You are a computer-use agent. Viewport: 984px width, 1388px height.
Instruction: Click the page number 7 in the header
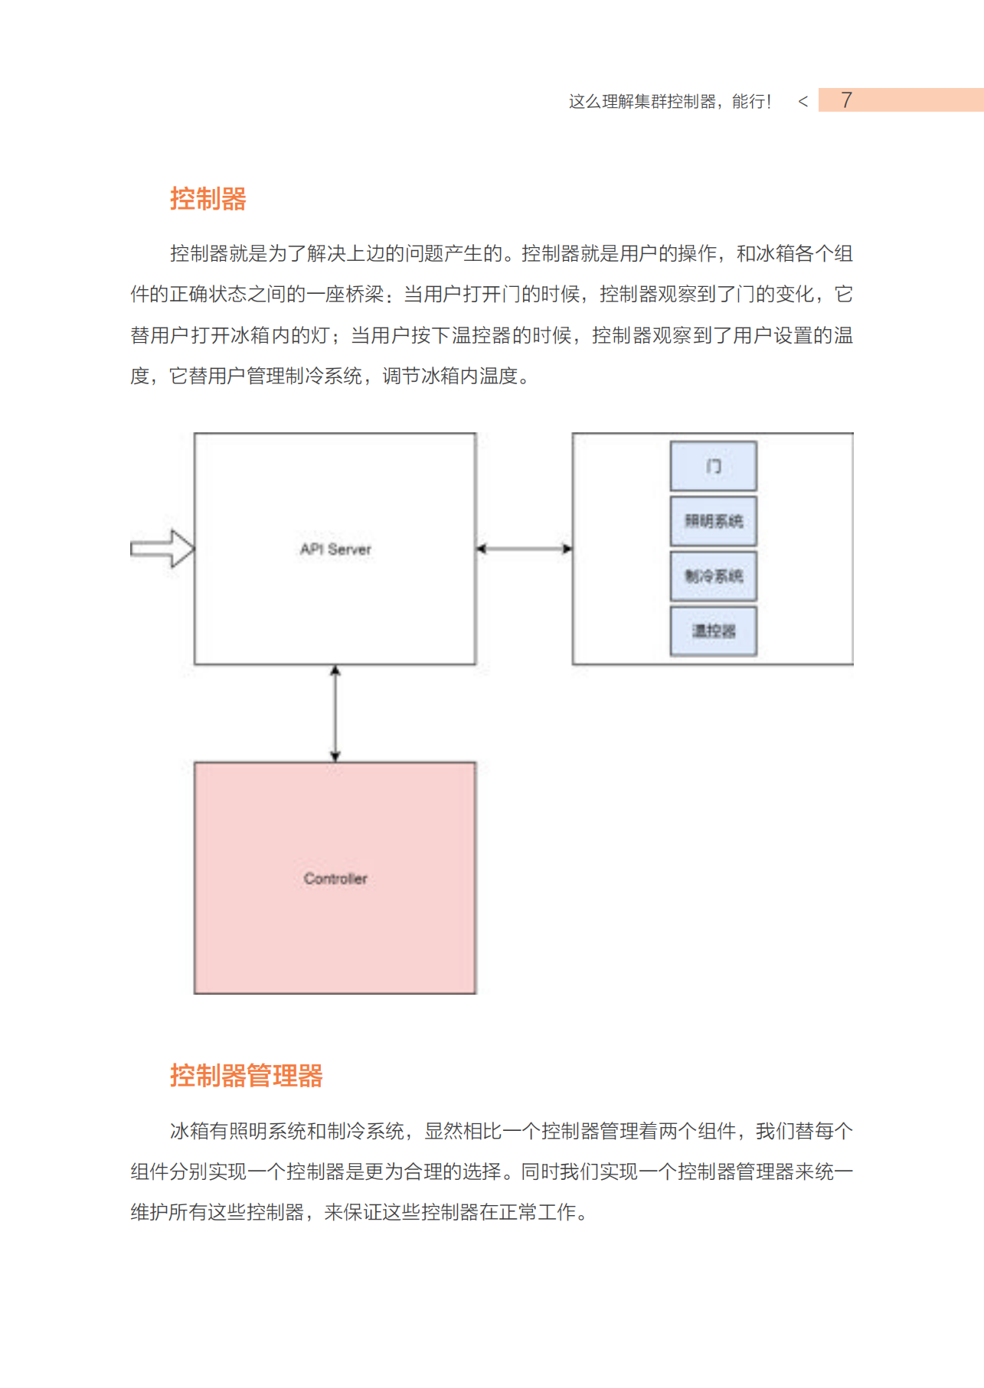tap(846, 100)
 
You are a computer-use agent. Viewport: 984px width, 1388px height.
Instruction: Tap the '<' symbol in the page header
tap(803, 101)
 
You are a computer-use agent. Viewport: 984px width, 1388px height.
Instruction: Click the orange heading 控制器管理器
tap(246, 1075)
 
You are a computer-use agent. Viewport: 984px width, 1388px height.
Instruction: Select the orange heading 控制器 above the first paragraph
tap(208, 199)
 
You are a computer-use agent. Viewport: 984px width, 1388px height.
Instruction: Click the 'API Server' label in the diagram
tap(335, 549)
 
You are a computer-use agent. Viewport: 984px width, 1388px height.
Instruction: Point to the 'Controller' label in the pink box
tap(335, 878)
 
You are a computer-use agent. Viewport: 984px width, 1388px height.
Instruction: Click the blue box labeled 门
tap(713, 466)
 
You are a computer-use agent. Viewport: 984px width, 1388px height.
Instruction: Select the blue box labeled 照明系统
tap(713, 521)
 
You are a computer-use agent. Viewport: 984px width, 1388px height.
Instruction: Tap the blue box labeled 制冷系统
tap(713, 576)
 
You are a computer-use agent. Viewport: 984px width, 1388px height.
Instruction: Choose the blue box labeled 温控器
tap(713, 631)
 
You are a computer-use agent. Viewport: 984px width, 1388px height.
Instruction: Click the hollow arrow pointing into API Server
tap(163, 549)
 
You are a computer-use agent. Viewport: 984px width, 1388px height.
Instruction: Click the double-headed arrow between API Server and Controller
tap(335, 713)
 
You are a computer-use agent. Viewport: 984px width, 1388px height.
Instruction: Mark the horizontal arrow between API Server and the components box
tap(524, 549)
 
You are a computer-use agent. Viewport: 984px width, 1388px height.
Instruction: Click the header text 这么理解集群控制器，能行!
tap(669, 101)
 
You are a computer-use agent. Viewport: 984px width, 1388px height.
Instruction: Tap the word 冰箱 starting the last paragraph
tap(189, 1131)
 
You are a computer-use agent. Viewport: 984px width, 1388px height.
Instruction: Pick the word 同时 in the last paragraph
tap(541, 1171)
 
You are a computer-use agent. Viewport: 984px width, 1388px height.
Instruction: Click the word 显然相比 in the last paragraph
tap(463, 1131)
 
